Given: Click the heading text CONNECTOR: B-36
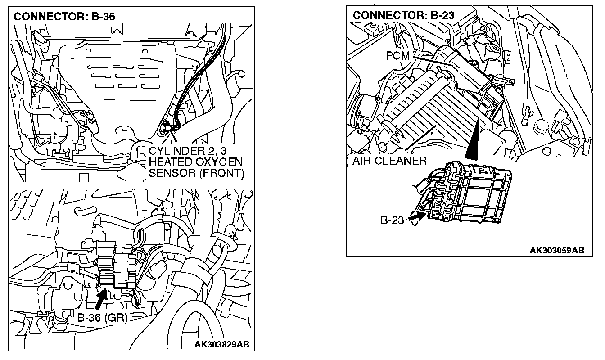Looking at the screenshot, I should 64,17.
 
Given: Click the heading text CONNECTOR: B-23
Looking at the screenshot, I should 403,15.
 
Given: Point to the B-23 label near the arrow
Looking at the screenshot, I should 393,221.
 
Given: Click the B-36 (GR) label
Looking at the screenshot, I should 103,317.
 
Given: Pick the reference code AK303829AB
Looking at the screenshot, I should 221,345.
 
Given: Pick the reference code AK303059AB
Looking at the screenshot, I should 556,250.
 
